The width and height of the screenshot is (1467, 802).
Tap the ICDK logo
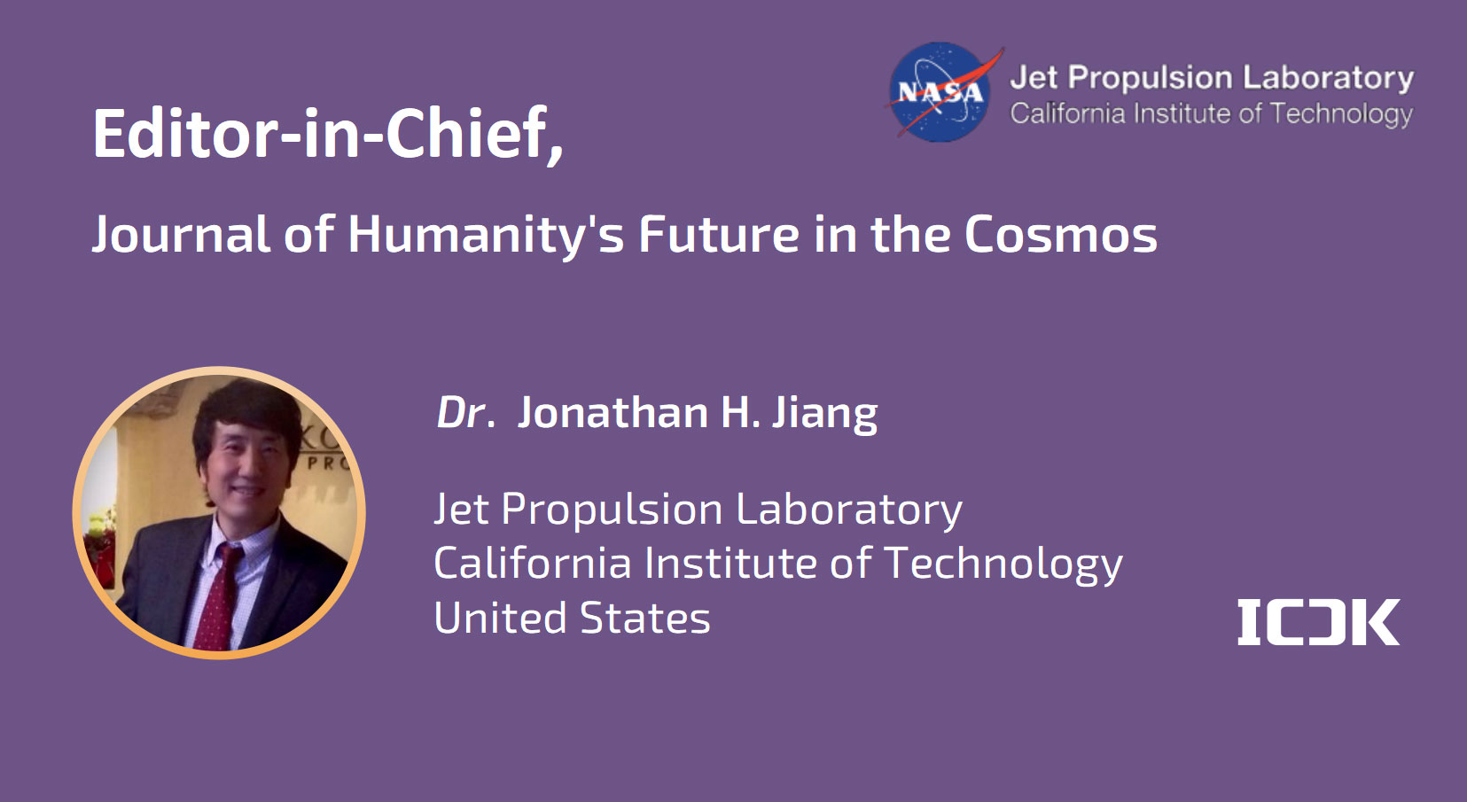(1318, 622)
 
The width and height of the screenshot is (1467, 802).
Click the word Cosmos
(1061, 234)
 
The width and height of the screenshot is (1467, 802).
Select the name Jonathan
(613, 413)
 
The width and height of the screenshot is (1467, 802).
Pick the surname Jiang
(824, 415)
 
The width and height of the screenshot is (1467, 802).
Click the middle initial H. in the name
(740, 413)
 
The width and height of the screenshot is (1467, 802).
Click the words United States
(573, 618)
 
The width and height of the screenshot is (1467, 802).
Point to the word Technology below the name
(1003, 565)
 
